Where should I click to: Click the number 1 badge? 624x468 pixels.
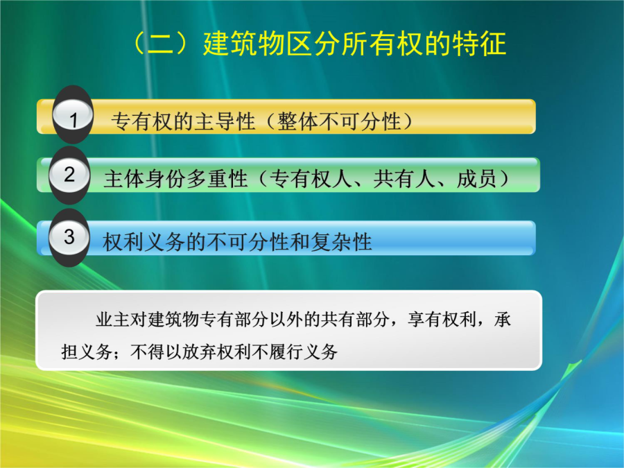point(73,115)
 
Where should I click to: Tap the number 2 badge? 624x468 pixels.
point(69,175)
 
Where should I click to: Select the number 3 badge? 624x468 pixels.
point(69,238)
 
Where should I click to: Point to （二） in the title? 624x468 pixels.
point(166,44)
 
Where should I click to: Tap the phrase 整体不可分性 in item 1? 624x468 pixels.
point(339,121)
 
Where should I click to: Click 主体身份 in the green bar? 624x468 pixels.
point(145,179)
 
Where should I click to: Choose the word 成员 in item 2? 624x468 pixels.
point(477,179)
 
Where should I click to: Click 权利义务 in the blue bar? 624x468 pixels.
point(144,242)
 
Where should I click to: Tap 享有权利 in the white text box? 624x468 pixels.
point(442,320)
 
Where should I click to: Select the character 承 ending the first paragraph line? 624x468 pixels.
point(503,320)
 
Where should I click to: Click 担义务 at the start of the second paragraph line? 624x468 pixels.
point(87,352)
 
